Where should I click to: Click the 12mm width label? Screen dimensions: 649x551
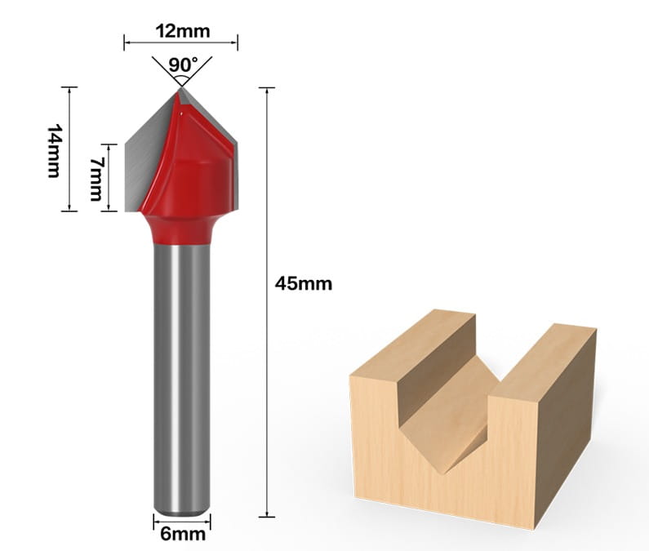tap(183, 31)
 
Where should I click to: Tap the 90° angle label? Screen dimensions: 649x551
tap(184, 64)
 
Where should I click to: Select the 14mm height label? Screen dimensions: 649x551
tap(54, 151)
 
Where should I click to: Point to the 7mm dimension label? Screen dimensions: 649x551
tap(96, 179)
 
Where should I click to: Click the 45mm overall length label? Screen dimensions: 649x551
tap(304, 284)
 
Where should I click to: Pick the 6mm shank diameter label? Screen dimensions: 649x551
tap(183, 534)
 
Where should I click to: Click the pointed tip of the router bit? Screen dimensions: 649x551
tap(181, 88)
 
